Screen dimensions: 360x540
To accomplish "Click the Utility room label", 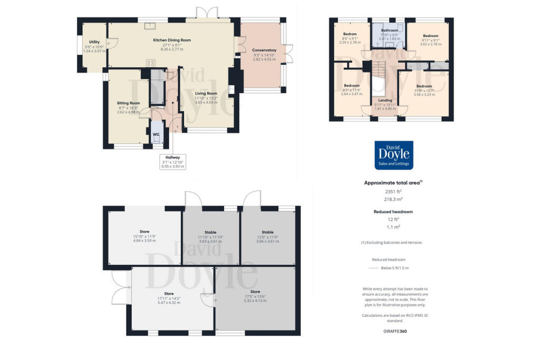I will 94,42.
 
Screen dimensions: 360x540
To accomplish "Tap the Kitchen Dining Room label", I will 172,40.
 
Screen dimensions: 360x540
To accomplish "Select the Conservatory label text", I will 264,50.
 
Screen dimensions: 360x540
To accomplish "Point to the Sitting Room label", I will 128,103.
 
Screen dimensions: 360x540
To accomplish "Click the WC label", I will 156,134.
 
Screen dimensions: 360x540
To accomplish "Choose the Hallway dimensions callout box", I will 172,161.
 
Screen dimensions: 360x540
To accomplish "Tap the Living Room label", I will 206,93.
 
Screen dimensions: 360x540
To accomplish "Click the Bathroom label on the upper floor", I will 389,31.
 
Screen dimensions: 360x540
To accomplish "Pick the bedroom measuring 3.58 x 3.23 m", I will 424,86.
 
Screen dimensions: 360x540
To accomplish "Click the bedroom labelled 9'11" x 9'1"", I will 430,36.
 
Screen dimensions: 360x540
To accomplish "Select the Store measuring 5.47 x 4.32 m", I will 169,294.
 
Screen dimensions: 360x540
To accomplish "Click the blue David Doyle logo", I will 393,154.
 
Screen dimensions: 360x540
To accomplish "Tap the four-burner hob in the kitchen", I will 151,63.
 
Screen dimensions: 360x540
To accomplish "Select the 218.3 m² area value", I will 393,200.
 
